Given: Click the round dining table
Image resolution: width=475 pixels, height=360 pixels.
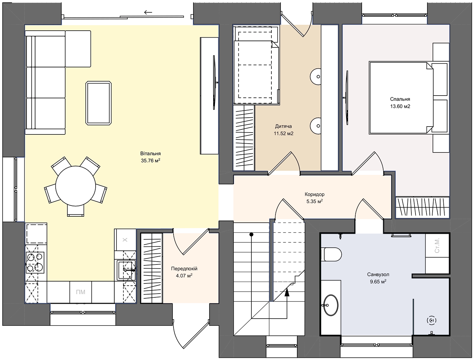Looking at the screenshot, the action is [x=75, y=186].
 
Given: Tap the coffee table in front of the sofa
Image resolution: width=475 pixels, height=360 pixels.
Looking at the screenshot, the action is [x=98, y=103].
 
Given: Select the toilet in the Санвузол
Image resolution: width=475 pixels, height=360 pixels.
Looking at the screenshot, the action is [x=331, y=254].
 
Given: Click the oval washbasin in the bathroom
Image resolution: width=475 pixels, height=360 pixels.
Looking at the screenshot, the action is [x=331, y=305].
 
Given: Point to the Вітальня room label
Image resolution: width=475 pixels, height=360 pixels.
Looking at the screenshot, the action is [x=150, y=154].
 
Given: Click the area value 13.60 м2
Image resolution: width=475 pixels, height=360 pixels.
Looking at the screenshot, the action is [x=400, y=106].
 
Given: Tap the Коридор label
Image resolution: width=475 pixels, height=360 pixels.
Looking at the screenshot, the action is [x=314, y=194].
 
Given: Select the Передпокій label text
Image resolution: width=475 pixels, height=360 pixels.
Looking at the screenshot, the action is [x=184, y=269].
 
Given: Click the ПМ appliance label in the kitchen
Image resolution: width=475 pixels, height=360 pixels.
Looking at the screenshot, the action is [x=80, y=292].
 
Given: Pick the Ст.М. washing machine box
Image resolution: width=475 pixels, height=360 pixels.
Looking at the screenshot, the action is [x=437, y=245].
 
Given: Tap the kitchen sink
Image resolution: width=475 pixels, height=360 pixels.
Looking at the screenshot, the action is [x=126, y=270].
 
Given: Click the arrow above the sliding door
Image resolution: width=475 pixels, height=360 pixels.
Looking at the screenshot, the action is [x=148, y=12].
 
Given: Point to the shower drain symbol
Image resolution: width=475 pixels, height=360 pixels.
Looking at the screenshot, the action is [x=432, y=320].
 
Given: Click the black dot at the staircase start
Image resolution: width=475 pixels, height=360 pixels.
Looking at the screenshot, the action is [x=251, y=234].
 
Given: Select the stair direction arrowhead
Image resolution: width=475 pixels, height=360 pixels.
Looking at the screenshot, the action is [x=287, y=292].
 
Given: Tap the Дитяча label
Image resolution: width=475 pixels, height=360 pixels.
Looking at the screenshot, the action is [x=283, y=126].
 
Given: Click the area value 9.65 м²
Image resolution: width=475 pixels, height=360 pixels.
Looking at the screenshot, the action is [x=378, y=282].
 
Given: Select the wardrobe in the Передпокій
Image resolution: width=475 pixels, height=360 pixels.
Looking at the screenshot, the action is [x=151, y=268].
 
